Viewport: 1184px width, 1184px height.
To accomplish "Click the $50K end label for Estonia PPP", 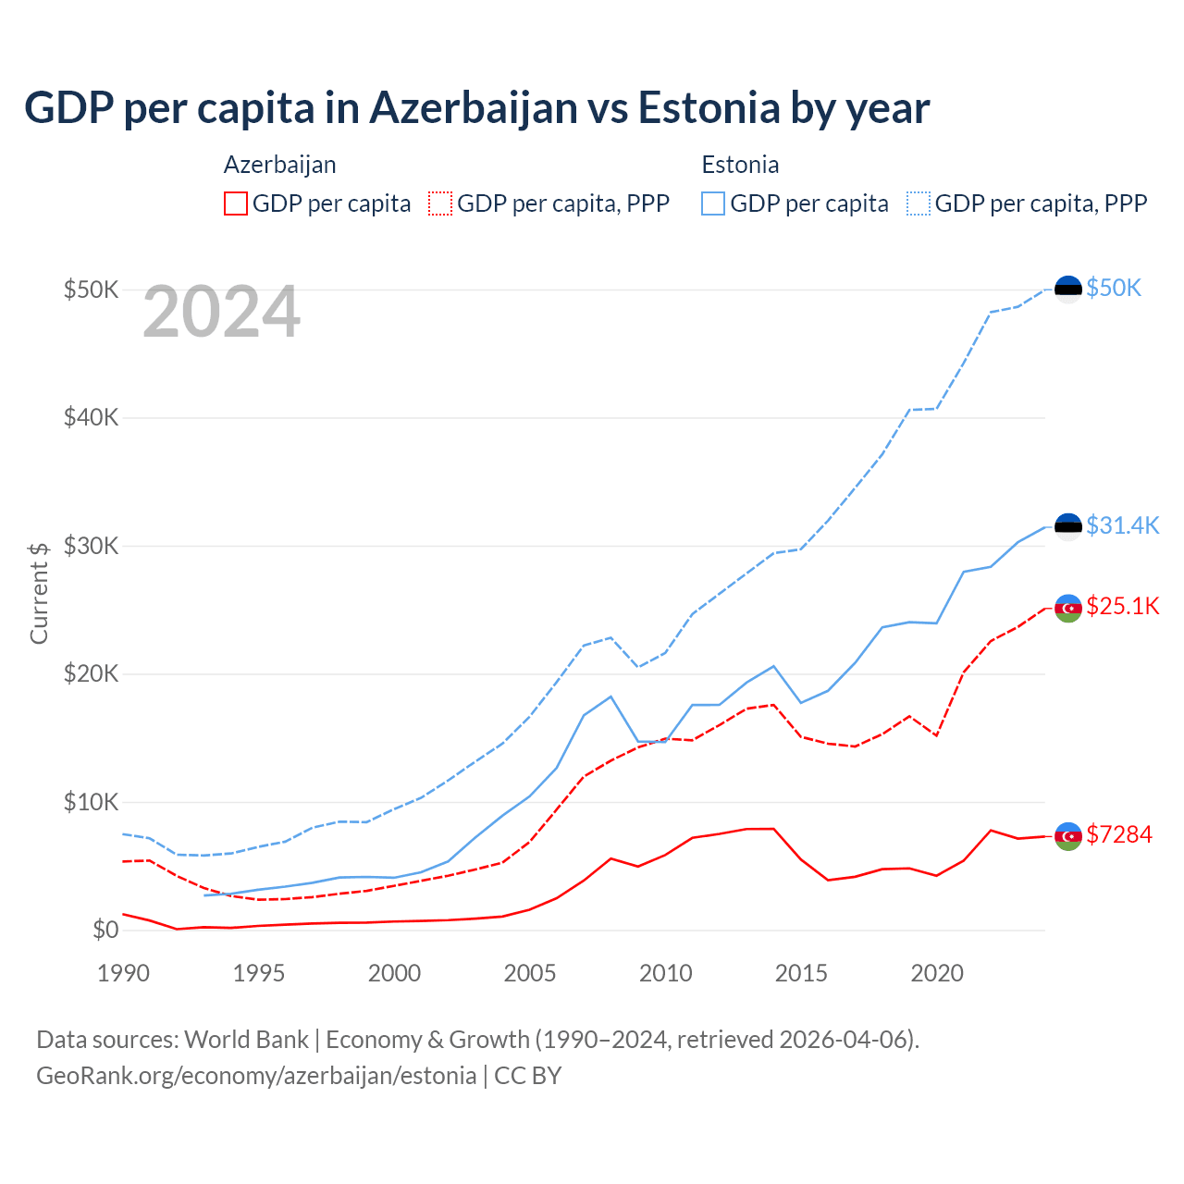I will (1114, 289).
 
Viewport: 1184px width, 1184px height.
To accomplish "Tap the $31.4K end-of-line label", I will (1122, 526).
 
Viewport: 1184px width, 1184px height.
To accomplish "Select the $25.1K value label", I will (1122, 607).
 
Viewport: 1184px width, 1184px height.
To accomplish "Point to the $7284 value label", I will (1119, 835).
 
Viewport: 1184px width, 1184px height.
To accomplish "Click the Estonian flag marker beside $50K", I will (1068, 290).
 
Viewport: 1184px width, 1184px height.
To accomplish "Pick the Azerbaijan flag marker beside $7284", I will (1068, 836).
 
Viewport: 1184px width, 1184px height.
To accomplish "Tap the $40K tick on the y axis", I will (91, 418).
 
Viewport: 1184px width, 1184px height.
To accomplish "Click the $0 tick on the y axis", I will (105, 931).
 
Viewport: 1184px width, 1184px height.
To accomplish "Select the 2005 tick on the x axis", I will (530, 974).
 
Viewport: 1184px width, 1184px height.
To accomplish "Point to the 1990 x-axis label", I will (123, 974).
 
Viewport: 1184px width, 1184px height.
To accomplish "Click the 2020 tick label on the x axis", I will (937, 974).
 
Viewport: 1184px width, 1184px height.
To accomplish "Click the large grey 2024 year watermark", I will (221, 313).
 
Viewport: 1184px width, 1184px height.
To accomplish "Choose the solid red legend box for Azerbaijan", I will (236, 203).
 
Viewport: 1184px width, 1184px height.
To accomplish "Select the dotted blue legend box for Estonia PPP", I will (919, 203).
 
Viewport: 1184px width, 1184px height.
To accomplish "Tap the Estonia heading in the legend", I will (740, 166).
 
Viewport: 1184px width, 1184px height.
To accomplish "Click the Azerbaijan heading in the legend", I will (279, 166).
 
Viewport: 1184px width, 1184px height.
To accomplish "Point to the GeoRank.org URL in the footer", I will (256, 1076).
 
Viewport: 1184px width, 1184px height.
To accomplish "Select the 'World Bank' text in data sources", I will (246, 1040).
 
